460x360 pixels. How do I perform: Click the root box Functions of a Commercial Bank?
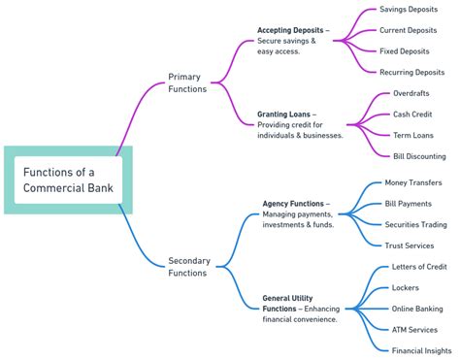(x=67, y=180)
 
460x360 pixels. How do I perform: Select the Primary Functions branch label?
(x=187, y=82)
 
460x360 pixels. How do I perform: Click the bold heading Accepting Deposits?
(x=290, y=30)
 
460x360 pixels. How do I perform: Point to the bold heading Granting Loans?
(x=283, y=114)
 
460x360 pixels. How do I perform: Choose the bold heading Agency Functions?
(x=292, y=204)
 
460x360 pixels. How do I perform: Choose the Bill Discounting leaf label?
(x=418, y=155)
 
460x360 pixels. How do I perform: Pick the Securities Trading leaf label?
(x=415, y=224)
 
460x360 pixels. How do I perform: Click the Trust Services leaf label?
(x=409, y=245)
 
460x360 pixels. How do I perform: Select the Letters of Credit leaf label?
(x=417, y=267)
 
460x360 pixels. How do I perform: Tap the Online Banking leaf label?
(x=416, y=309)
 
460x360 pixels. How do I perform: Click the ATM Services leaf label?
(x=413, y=330)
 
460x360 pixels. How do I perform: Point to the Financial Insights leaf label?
(x=420, y=350)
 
